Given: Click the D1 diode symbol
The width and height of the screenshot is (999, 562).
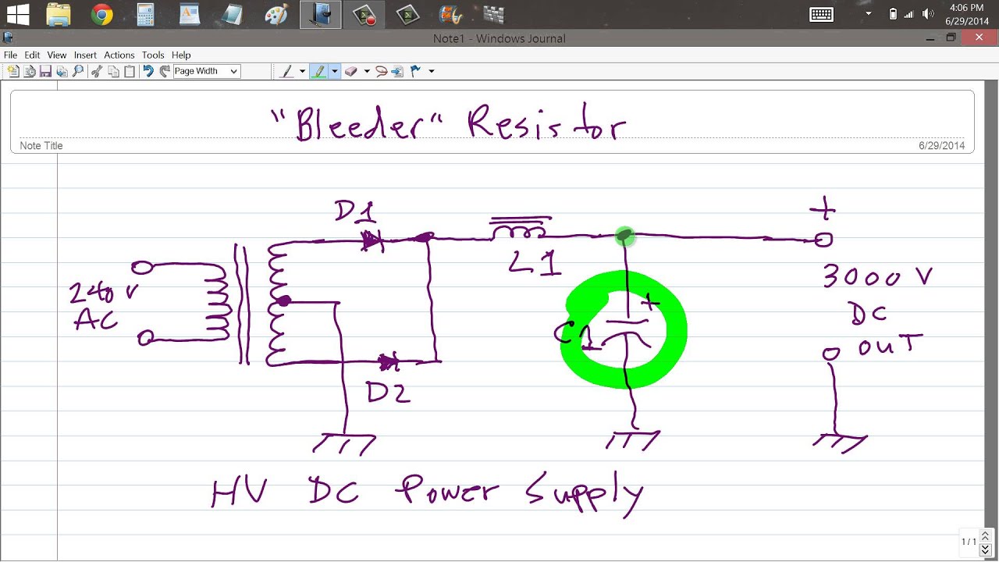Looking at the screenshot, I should click(x=373, y=241).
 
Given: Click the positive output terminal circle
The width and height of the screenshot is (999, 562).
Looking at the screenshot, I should click(x=823, y=240).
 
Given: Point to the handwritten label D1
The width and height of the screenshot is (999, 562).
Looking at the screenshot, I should click(x=355, y=212).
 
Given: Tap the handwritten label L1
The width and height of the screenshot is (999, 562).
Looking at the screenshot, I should click(x=535, y=264).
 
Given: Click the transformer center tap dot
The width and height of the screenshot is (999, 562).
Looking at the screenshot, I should click(x=285, y=301).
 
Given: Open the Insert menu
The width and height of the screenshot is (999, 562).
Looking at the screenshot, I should click(x=85, y=55).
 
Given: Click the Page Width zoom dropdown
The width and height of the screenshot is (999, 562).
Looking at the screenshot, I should click(x=206, y=71).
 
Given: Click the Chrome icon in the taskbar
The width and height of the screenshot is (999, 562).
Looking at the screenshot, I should click(x=101, y=14).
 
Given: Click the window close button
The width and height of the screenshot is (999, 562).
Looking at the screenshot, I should click(x=979, y=37).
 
